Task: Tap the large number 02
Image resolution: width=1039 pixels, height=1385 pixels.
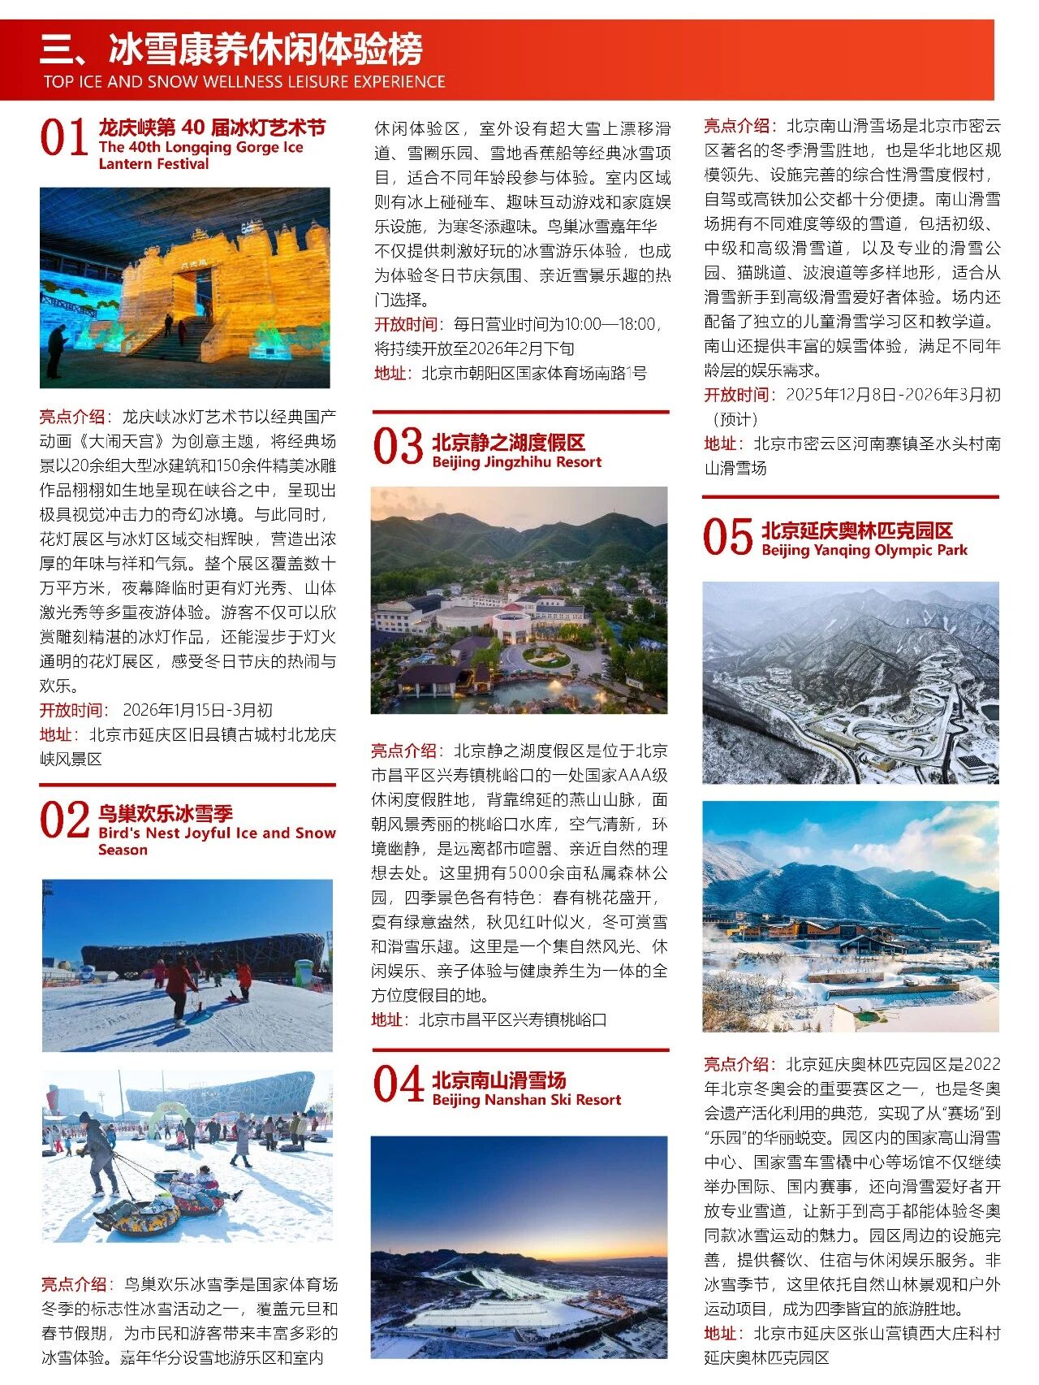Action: pyautogui.click(x=64, y=820)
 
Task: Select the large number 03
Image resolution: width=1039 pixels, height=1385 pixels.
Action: pyautogui.click(x=398, y=447)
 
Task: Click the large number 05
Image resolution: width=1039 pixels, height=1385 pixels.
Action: pyautogui.click(x=727, y=537)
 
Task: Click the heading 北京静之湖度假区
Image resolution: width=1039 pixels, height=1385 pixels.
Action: pyautogui.click(x=508, y=443)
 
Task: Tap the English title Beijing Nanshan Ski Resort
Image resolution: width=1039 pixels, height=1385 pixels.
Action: pyautogui.click(x=526, y=1100)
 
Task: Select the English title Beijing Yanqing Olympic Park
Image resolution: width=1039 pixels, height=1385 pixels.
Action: pyautogui.click(x=864, y=550)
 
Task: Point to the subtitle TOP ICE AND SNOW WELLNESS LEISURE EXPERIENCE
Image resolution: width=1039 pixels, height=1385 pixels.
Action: pyautogui.click(x=244, y=82)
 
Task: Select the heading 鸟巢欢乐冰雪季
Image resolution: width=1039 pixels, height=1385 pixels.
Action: pyautogui.click(x=166, y=813)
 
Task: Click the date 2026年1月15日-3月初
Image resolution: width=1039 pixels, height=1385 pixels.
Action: pyautogui.click(x=197, y=710)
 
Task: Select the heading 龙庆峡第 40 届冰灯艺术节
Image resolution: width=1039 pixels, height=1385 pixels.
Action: pyautogui.click(x=212, y=128)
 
